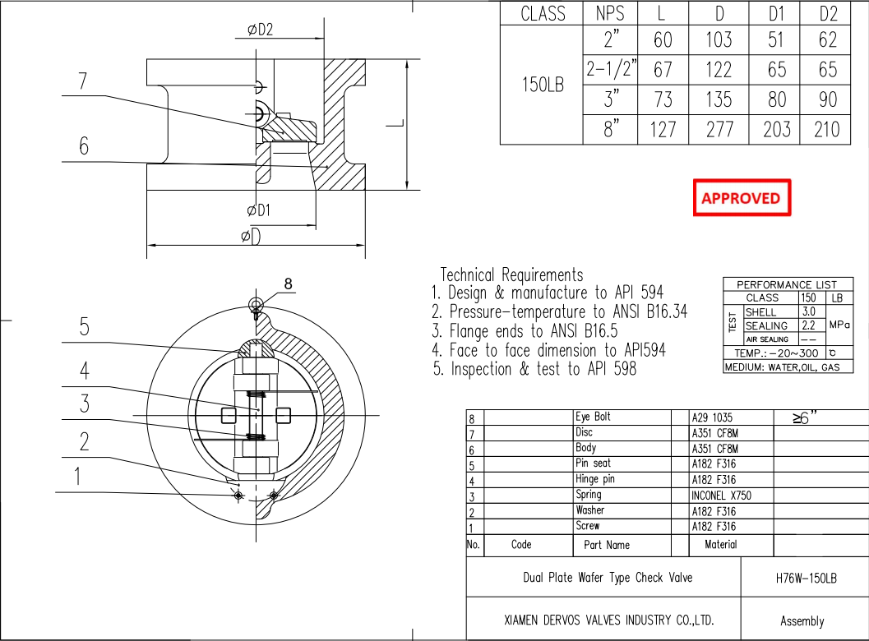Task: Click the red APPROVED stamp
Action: [741, 198]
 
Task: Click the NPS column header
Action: [610, 14]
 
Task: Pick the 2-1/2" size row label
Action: [611, 70]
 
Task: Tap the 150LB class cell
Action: [543, 85]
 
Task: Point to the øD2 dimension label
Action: [260, 30]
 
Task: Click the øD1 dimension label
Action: [259, 210]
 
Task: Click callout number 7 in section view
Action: [82, 81]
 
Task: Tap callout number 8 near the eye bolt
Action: [288, 284]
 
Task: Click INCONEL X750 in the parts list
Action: [721, 496]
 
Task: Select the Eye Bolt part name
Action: [593, 417]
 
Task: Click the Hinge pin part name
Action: [594, 479]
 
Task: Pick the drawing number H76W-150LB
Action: [806, 578]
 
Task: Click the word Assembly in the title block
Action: [802, 621]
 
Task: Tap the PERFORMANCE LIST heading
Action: [787, 284]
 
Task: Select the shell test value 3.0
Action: [808, 312]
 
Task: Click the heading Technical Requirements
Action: [511, 274]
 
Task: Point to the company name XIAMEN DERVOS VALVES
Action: [608, 620]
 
